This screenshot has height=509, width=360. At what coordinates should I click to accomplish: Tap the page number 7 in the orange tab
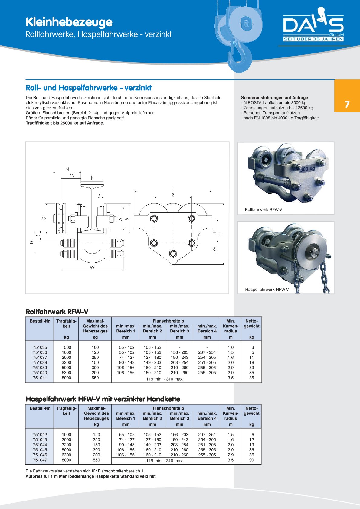(347, 105)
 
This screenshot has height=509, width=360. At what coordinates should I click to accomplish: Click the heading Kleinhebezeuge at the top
(69, 22)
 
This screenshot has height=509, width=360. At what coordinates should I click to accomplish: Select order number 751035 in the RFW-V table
(40, 347)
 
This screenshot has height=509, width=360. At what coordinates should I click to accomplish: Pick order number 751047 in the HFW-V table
(40, 460)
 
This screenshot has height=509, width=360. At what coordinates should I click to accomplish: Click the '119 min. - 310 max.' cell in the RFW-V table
(165, 379)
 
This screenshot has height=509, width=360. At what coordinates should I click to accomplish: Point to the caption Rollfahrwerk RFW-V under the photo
(263, 209)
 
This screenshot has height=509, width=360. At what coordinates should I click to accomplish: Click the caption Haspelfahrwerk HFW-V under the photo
(267, 290)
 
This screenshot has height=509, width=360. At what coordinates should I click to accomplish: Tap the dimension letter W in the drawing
(92, 267)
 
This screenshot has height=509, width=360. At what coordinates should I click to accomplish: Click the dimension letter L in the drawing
(173, 189)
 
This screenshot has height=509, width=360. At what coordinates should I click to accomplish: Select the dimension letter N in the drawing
(67, 170)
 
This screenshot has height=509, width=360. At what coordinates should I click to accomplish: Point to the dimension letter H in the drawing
(221, 234)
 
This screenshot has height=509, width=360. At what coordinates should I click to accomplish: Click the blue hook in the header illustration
(241, 57)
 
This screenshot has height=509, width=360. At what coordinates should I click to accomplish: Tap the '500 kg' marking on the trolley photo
(307, 169)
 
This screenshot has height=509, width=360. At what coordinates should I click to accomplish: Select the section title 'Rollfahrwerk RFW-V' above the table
(57, 312)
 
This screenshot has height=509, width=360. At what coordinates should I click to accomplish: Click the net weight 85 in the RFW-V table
(251, 378)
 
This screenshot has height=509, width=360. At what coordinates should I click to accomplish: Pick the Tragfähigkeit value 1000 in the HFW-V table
(66, 435)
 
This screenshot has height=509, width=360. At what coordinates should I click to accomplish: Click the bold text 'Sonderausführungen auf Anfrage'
(274, 98)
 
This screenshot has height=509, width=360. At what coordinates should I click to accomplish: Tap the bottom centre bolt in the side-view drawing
(173, 253)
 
